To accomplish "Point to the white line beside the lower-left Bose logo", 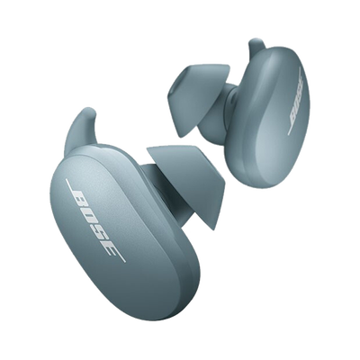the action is coord(95,220).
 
